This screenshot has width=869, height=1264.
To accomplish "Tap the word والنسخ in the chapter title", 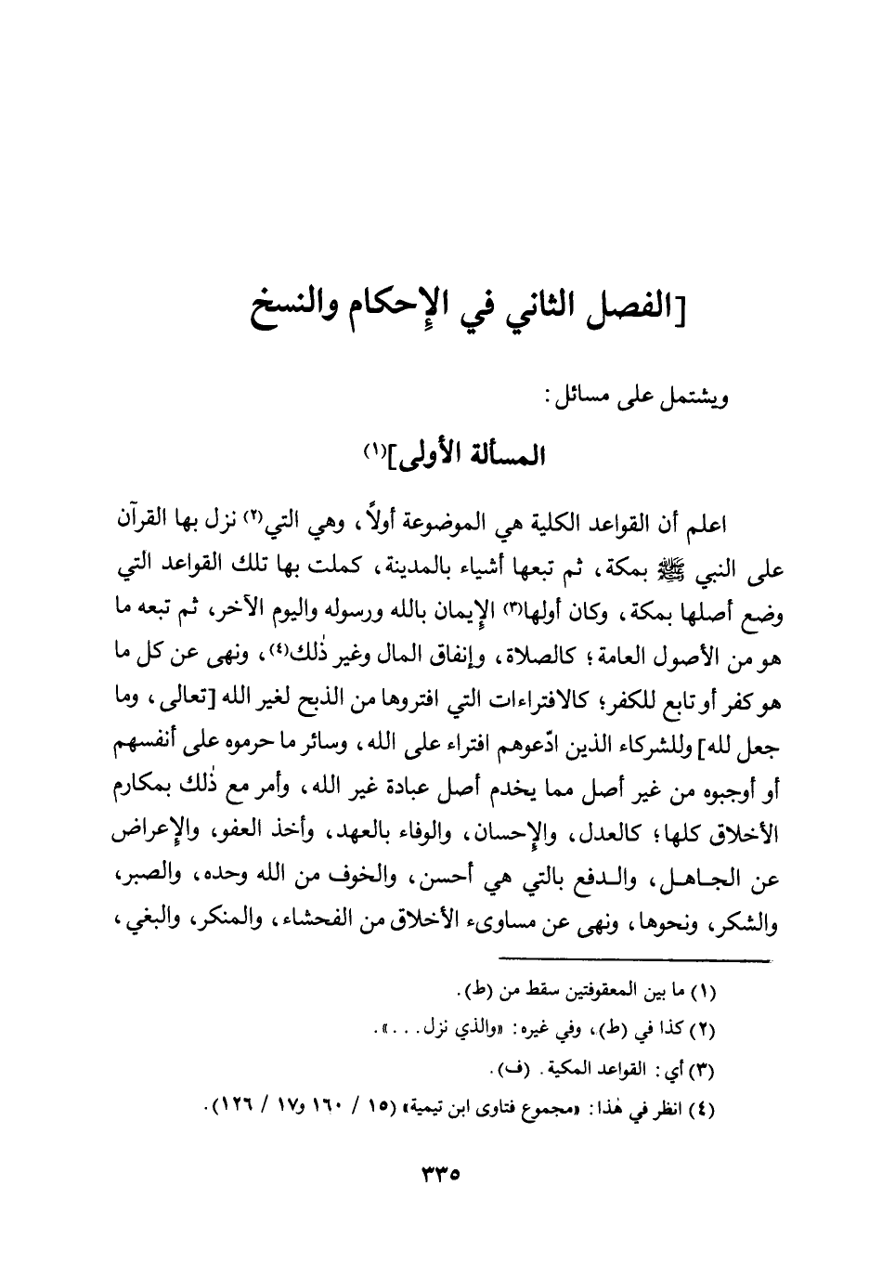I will point(289,303).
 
